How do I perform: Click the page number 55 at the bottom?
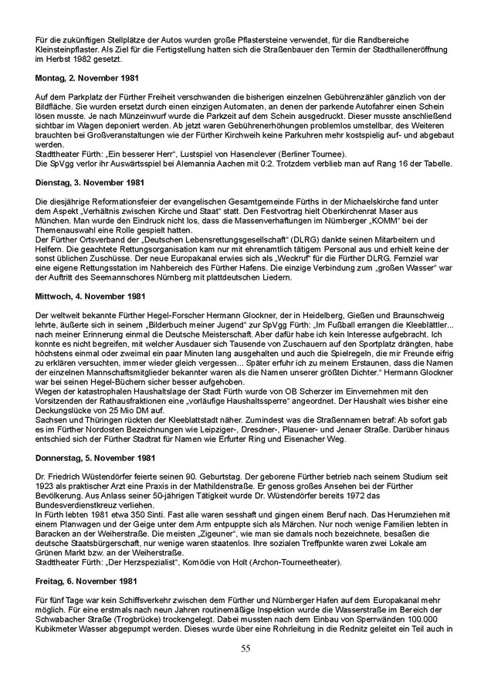245,648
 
